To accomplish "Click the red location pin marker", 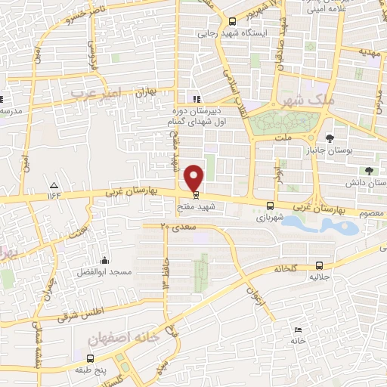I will [194, 178].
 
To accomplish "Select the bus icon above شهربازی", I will [271, 206].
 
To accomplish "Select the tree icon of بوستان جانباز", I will [330, 138].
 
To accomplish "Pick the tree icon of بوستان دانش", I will [369, 171].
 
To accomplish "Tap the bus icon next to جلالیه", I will [319, 265].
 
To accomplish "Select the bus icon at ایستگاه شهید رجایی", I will [232, 21].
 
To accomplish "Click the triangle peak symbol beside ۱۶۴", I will [54, 185].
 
